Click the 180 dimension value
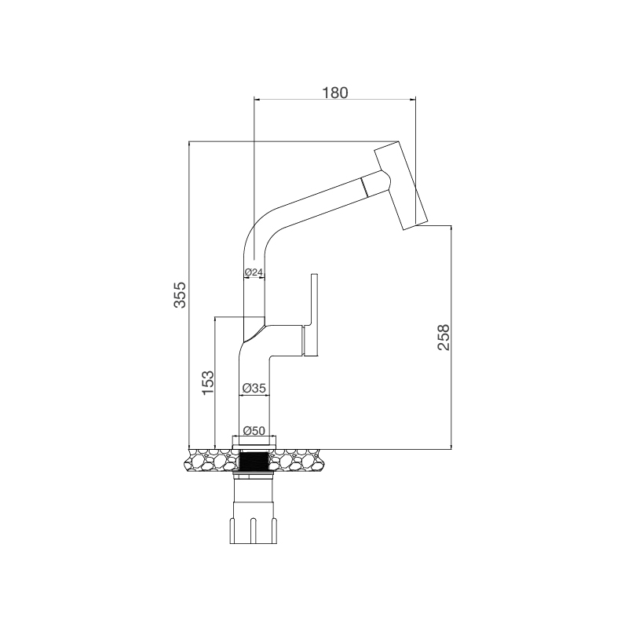pyautogui.click(x=335, y=92)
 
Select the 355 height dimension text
pyautogui.click(x=180, y=295)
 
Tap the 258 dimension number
pyautogui.click(x=443, y=338)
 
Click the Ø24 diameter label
pyautogui.click(x=253, y=272)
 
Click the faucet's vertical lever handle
pyautogui.click(x=316, y=314)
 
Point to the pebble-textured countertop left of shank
pyautogui.click(x=210, y=460)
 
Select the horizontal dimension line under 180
pyautogui.click(x=335, y=99)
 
